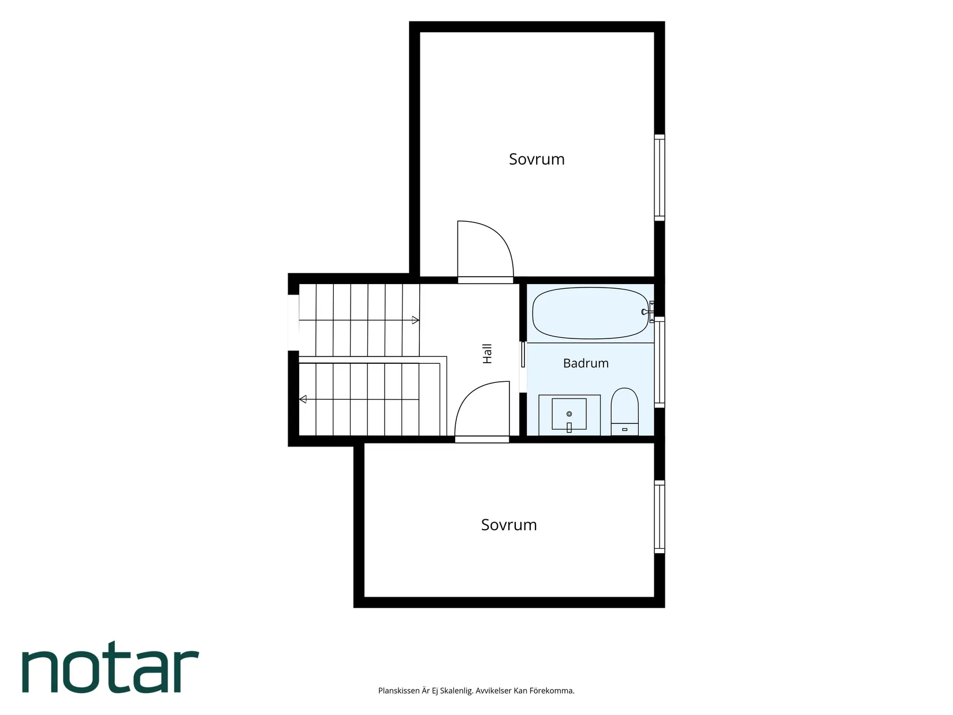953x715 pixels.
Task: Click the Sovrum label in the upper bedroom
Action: tap(537, 159)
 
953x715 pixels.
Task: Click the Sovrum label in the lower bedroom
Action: tap(509, 525)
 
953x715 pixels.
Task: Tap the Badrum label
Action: tap(586, 363)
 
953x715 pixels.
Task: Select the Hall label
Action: tap(487, 353)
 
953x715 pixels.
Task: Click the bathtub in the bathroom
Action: tap(590, 313)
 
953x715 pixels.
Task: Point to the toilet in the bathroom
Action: tap(624, 412)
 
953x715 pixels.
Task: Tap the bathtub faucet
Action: tap(648, 312)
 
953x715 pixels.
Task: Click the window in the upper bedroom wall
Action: tap(660, 177)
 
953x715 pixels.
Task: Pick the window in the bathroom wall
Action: tap(660, 362)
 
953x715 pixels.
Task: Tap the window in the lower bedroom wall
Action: tap(660, 516)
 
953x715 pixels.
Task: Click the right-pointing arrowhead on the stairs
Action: tap(415, 321)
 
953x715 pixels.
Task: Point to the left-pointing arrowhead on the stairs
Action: tap(303, 399)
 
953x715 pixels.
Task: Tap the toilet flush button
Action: tap(624, 429)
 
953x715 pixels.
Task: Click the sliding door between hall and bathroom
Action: tap(523, 355)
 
